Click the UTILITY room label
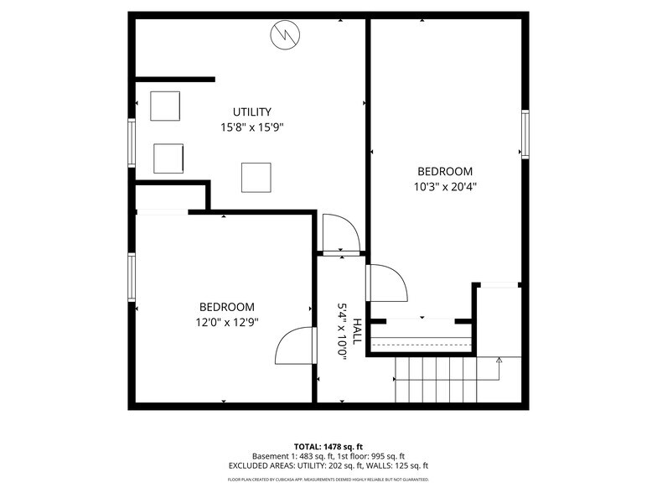click(252, 112)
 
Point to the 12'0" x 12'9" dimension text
click(226, 323)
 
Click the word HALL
click(358, 332)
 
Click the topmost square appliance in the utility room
click(165, 105)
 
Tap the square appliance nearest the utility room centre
click(256, 176)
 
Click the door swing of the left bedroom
click(295, 345)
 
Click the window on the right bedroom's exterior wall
click(525, 134)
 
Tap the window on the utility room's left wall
click(132, 142)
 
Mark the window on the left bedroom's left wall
click(132, 277)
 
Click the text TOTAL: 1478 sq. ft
click(328, 446)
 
